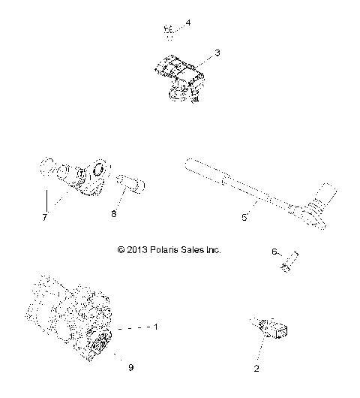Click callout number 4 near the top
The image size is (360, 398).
pos(188,23)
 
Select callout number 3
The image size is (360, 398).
pos(217,53)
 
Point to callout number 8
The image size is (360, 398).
pos(113,213)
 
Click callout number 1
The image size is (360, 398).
pos(156,327)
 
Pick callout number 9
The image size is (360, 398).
pos(130,367)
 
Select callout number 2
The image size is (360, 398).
pos(256,369)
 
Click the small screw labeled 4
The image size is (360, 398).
pos(169,32)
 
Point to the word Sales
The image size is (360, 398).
pos(193,249)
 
